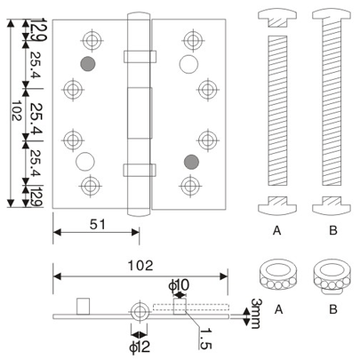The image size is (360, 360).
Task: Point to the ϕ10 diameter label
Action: tap(179, 284)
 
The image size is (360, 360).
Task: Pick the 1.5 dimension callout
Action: tap(204, 338)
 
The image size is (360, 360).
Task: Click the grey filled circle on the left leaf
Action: tap(87, 64)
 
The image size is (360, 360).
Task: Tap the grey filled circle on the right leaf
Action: tap(188, 161)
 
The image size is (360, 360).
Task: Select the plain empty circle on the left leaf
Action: tap(87, 161)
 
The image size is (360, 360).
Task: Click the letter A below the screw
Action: tap(277, 228)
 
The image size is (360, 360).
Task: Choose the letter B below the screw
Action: tap(331, 228)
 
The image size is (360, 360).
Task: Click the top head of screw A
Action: tap(277, 15)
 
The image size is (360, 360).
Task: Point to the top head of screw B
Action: tap(331, 15)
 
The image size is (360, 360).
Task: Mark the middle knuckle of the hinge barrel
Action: tap(140, 112)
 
